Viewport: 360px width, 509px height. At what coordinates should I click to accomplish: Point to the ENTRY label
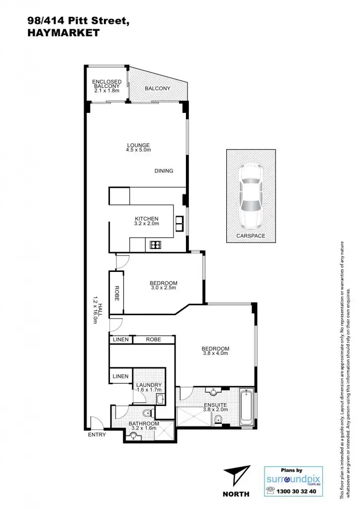pos(96,434)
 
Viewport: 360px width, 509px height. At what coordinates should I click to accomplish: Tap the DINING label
pos(164,171)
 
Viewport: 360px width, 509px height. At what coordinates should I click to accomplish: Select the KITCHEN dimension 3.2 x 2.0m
pos(147,224)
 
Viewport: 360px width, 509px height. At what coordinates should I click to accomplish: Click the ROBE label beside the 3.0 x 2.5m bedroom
pos(116,294)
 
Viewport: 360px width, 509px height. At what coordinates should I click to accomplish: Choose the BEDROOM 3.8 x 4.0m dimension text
pos(215,353)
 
